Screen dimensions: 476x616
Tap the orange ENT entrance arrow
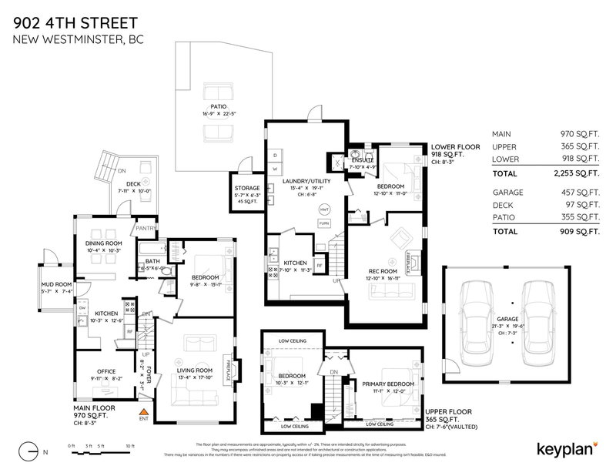[143, 411]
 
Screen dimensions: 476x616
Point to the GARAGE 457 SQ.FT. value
[577, 192]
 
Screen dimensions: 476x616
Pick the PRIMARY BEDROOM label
[388, 383]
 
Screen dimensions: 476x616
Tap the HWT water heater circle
[324, 210]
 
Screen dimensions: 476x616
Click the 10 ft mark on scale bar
[129, 447]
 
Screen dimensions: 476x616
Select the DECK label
[133, 183]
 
